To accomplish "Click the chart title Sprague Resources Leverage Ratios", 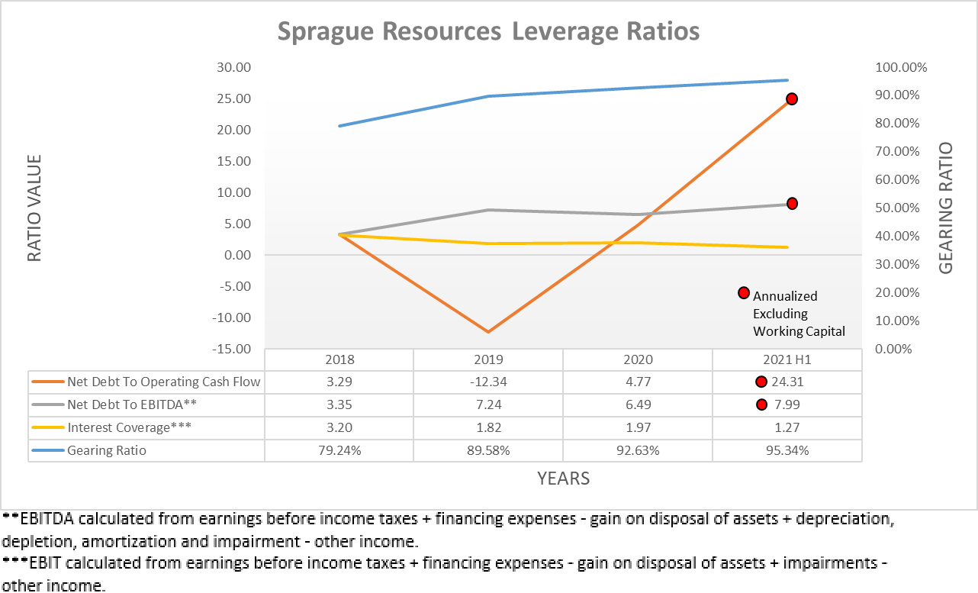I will point(488,31).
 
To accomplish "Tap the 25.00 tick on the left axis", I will point(234,98).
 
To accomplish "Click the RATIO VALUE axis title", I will point(34,208).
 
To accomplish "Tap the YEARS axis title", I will point(563,479).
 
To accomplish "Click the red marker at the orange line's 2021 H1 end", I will point(792,99).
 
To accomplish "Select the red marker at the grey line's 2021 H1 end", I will point(792,204).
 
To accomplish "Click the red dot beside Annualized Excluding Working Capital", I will point(744,293).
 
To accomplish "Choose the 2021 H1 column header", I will point(787,359).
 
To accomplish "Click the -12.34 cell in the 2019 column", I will point(488,382).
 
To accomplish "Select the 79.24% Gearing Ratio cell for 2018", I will point(339,450).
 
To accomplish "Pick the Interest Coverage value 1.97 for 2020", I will point(638,427).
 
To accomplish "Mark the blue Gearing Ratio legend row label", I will point(107,450).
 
